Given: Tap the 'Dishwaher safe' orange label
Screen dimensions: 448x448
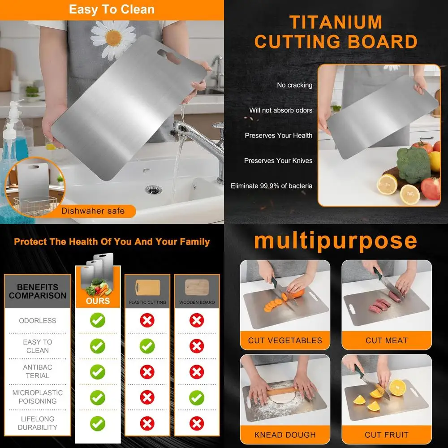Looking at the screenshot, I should pyautogui.click(x=93, y=211).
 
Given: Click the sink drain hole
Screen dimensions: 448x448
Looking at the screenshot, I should pyautogui.click(x=153, y=190).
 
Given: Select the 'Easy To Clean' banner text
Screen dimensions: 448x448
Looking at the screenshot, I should pyautogui.click(x=112, y=9).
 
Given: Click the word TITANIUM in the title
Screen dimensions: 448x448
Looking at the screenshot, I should pyautogui.click(x=336, y=22).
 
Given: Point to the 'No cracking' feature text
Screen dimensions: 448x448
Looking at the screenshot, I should pyautogui.click(x=294, y=85).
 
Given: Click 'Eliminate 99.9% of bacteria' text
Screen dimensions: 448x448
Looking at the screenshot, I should pyautogui.click(x=271, y=185).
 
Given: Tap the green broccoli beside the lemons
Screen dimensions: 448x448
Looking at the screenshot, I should pyautogui.click(x=413, y=164).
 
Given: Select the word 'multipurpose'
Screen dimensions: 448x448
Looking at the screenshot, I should pyautogui.click(x=335, y=241).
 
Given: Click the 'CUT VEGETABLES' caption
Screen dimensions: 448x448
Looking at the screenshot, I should pyautogui.click(x=285, y=340).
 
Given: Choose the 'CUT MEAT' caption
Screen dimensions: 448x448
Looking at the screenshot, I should pyautogui.click(x=387, y=340).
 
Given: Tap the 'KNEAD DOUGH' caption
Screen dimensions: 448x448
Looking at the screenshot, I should pyautogui.click(x=285, y=435).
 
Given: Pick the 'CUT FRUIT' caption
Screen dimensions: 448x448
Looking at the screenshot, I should pyautogui.click(x=387, y=435).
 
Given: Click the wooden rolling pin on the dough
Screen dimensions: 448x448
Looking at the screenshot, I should pyautogui.click(x=283, y=391).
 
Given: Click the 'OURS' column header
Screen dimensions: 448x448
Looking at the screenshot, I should pyautogui.click(x=98, y=301).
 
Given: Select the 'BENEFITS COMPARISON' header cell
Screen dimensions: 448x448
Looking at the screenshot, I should pyautogui.click(x=38, y=291).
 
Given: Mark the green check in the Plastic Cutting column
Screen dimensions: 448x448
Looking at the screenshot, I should pyautogui.click(x=147, y=346).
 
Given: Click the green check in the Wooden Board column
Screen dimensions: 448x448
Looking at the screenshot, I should pyautogui.click(x=196, y=397).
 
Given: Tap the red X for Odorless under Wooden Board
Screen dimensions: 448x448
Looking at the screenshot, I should pyautogui.click(x=196, y=320).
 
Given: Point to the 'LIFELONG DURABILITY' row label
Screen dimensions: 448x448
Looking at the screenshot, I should pyautogui.click(x=38, y=423).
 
